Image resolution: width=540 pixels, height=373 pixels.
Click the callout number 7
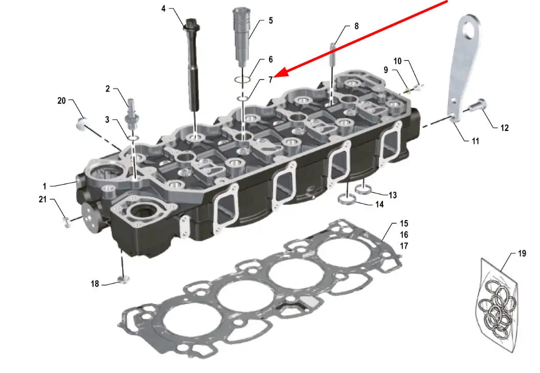click(271, 80)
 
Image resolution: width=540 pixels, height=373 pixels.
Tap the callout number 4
click(164, 9)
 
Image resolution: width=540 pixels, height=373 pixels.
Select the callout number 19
click(522, 253)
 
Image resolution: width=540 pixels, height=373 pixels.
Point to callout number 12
click(505, 128)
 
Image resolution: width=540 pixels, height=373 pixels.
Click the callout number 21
click(42, 199)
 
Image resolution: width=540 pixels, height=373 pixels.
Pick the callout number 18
click(95, 283)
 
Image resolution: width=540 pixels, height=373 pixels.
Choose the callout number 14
click(379, 205)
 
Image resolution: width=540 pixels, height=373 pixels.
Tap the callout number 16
click(404, 235)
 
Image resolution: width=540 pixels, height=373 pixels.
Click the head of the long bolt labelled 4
click(191, 25)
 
